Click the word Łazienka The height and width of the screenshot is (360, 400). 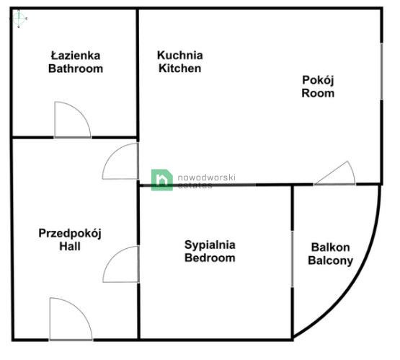(75, 56)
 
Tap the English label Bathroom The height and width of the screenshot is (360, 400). (75, 69)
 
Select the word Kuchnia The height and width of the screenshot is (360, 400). (180, 56)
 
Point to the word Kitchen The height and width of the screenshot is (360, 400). (179, 69)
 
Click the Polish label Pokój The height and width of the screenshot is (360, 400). (317, 80)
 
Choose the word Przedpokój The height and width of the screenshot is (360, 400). (71, 233)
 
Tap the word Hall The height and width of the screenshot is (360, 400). (71, 247)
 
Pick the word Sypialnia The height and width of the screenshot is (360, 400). (210, 245)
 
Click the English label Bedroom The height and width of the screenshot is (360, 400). (210, 258)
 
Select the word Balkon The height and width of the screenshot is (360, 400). (330, 247)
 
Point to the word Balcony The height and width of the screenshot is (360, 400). (330, 260)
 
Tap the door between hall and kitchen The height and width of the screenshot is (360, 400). (121, 163)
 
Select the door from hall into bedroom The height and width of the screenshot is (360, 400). (121, 265)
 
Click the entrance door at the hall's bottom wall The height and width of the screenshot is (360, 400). (70, 320)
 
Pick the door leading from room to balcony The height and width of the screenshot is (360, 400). (335, 174)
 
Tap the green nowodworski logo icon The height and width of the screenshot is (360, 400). (161, 180)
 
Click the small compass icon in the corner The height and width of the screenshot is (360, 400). (19, 19)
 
